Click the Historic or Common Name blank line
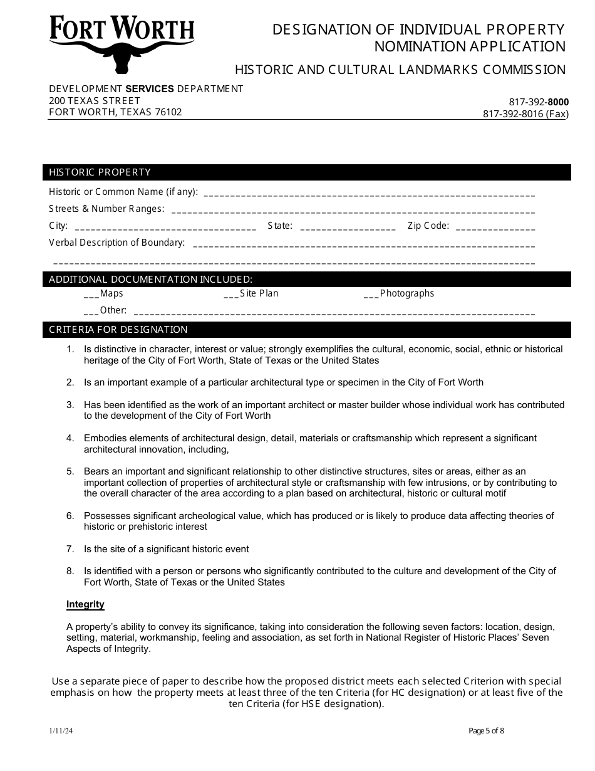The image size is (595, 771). [369, 193]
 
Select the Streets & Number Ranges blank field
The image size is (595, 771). [353, 210]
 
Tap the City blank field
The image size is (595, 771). [165, 227]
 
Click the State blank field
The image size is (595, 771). [348, 227]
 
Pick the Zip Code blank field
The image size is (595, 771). [495, 227]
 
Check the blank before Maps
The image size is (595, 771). [91, 295]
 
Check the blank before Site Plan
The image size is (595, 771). [230, 295]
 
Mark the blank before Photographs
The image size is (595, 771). [371, 295]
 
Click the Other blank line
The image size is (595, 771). [334, 312]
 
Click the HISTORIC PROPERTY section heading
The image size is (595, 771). [100, 172]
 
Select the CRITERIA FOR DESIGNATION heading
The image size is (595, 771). [118, 330]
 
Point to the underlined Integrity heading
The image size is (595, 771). [85, 604]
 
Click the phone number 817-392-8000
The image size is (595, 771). [539, 102]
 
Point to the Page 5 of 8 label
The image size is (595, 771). [486, 730]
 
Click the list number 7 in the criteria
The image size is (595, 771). [71, 549]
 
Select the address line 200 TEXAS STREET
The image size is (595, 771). [95, 100]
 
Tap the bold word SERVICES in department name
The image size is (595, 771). [150, 89]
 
